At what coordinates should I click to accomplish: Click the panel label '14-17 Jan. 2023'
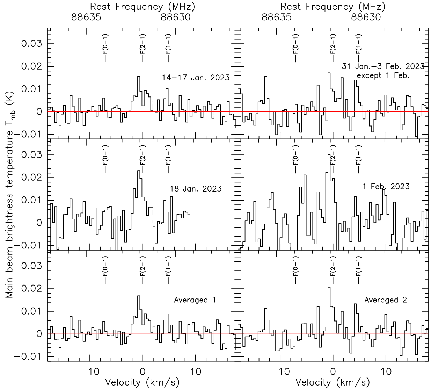point(196,78)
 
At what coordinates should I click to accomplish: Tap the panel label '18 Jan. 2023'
point(196,189)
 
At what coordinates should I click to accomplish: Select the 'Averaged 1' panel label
point(195,300)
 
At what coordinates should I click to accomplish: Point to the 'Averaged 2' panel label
point(386,300)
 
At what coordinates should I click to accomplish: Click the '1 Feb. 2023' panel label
point(386,186)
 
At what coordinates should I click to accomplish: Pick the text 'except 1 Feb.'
point(383,75)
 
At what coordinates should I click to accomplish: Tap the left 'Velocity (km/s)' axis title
point(143,382)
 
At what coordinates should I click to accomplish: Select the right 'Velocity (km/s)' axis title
point(333,382)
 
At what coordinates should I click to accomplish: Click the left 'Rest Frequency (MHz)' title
point(143,6)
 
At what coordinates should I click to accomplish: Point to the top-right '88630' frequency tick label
point(366,17)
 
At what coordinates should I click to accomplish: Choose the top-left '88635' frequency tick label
point(86,17)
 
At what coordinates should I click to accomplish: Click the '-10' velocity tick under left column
point(90,372)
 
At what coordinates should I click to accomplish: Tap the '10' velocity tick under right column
point(386,372)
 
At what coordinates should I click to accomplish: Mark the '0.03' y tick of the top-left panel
point(32,44)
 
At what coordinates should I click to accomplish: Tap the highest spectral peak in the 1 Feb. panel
point(329,155)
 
